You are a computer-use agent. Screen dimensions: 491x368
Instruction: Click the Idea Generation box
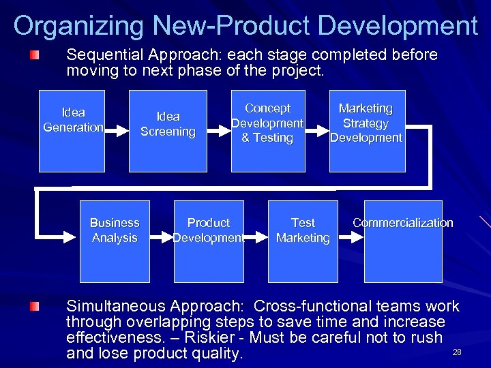click(x=72, y=131)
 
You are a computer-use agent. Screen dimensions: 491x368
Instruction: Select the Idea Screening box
click(x=168, y=131)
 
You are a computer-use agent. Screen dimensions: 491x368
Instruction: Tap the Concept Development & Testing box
click(x=267, y=131)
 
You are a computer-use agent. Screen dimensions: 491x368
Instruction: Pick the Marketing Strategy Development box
click(x=367, y=131)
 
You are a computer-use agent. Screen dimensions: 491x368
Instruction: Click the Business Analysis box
click(x=115, y=241)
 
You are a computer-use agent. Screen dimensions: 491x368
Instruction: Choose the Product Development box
click(x=209, y=241)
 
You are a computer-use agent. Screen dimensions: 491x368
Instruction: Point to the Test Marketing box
click(x=303, y=241)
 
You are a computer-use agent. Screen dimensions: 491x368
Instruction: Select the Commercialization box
click(x=402, y=241)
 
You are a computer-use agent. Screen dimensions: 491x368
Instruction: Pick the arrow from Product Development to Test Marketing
click(x=256, y=238)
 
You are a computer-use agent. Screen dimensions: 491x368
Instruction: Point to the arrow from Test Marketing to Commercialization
click(x=351, y=238)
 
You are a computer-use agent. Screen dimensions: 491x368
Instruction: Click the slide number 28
click(x=457, y=352)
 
